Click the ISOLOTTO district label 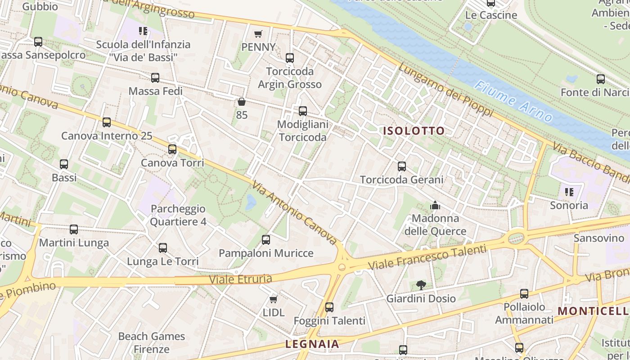pyautogui.click(x=414, y=131)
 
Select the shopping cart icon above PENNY pyautogui.click(x=258, y=34)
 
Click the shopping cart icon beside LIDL pyautogui.click(x=273, y=299)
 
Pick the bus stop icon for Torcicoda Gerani pyautogui.click(x=402, y=166)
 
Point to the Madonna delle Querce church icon pyautogui.click(x=435, y=206)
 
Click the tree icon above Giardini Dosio pyautogui.click(x=421, y=285)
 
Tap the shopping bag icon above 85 pyautogui.click(x=242, y=102)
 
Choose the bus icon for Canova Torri pyautogui.click(x=172, y=149)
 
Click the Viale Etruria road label pyautogui.click(x=240, y=279)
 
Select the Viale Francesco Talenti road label pyautogui.click(x=427, y=257)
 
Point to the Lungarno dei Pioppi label pyautogui.click(x=445, y=90)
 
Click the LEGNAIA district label pyautogui.click(x=312, y=344)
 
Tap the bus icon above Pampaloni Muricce pyautogui.click(x=266, y=240)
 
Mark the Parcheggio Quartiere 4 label pyautogui.click(x=178, y=215)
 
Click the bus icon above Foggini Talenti pyautogui.click(x=329, y=307)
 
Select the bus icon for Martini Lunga pyautogui.click(x=74, y=229)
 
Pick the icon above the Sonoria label pyautogui.click(x=569, y=192)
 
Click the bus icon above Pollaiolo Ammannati pyautogui.click(x=524, y=294)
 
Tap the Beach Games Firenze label pyautogui.click(x=151, y=342)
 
